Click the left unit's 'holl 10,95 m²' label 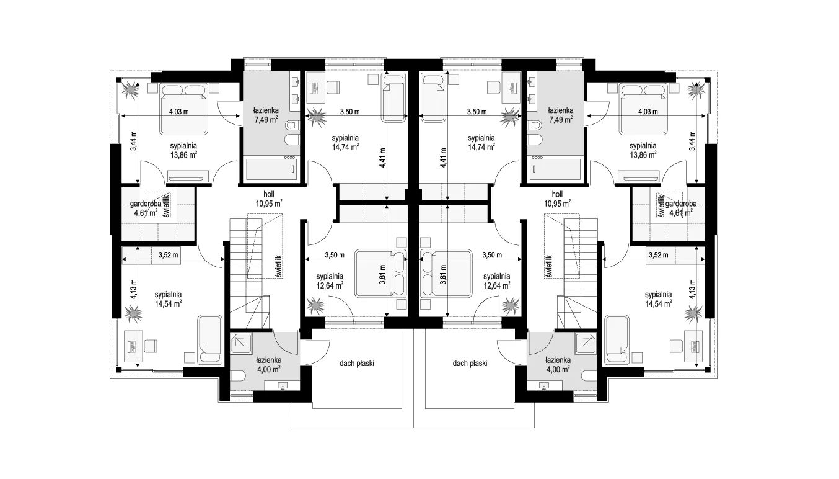[x=268, y=199]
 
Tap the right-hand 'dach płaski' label [x=470, y=363]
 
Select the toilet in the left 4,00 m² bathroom [x=238, y=375]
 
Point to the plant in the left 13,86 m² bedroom [x=131, y=90]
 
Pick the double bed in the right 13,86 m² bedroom [x=643, y=109]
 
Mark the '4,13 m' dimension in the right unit [x=692, y=289]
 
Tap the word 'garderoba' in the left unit [x=146, y=204]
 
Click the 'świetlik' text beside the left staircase [x=279, y=266]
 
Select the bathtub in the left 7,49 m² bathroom [x=272, y=170]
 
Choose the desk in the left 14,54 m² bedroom [x=133, y=346]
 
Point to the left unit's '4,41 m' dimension [x=382, y=157]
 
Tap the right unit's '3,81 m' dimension [x=444, y=275]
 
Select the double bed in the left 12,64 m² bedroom [x=381, y=274]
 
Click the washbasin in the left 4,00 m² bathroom [x=282, y=385]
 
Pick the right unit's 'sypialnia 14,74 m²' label [x=481, y=143]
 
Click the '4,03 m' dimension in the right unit [x=648, y=112]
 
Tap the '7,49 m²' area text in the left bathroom [x=266, y=120]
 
